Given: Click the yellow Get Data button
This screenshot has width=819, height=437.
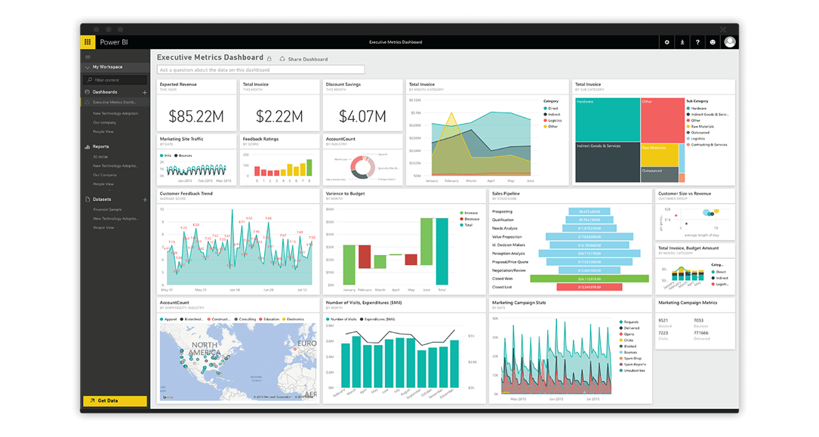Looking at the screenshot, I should tap(115, 401).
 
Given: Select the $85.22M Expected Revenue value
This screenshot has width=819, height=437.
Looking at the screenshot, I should tap(196, 116).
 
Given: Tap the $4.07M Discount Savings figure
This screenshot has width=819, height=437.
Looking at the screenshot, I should tap(362, 116).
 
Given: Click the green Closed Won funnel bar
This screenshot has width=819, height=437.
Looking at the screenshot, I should tap(589, 279).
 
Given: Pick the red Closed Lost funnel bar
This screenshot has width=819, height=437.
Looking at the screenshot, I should tap(589, 287).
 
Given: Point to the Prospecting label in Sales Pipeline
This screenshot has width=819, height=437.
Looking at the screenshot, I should tap(502, 211).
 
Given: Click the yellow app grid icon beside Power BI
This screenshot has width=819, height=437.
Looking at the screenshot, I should tap(88, 42).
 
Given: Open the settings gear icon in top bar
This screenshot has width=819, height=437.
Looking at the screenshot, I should tap(667, 42).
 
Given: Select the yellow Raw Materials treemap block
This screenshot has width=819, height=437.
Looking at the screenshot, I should tap(658, 155).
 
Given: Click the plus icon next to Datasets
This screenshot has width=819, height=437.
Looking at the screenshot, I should tap(145, 199).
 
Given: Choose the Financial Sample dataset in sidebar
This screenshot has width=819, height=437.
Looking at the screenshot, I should tap(107, 209).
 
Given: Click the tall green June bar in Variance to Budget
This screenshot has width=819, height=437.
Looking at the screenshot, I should tap(426, 252).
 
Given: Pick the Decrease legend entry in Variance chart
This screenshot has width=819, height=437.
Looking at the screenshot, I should tap(472, 219).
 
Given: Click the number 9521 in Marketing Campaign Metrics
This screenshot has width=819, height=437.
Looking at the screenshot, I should tap(663, 320).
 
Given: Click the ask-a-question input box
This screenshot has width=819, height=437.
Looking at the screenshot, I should tap(260, 69).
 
